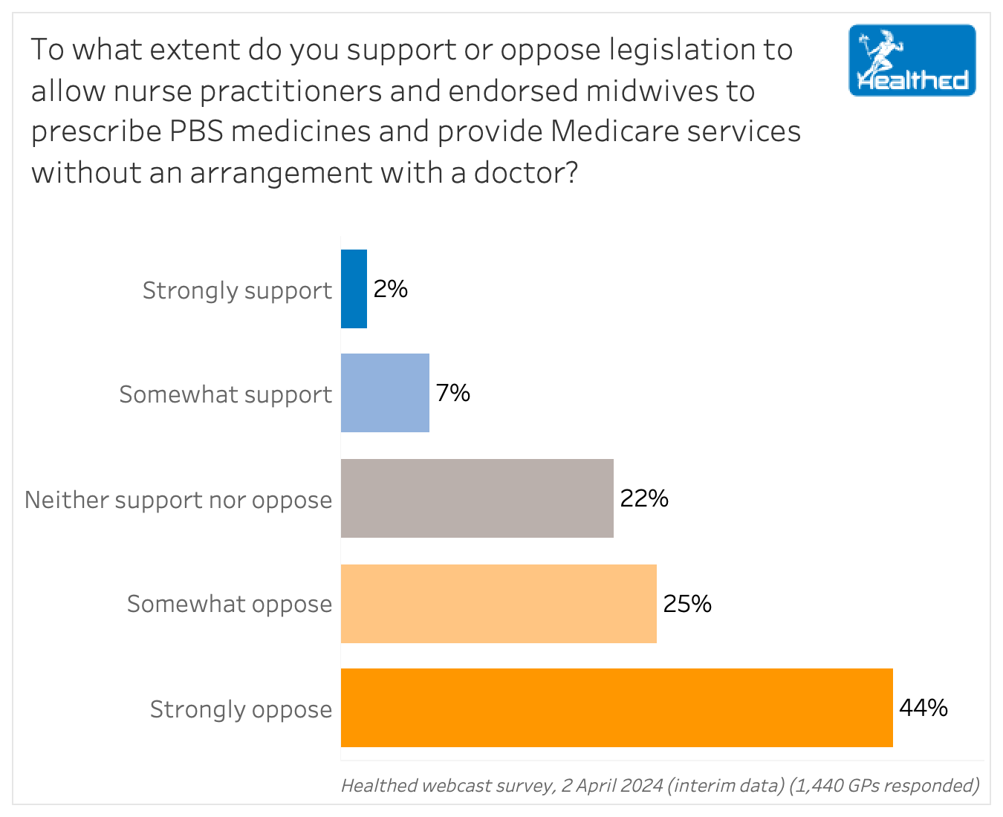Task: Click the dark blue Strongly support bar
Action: pyautogui.click(x=354, y=289)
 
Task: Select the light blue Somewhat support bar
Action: pyautogui.click(x=385, y=393)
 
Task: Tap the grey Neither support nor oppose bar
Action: pyautogui.click(x=477, y=498)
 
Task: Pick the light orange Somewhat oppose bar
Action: pyautogui.click(x=499, y=604)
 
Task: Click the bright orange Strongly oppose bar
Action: pyautogui.click(x=617, y=708)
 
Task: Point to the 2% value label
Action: pyautogui.click(x=391, y=289)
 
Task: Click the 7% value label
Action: pyautogui.click(x=453, y=393)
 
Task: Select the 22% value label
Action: pyautogui.click(x=644, y=498)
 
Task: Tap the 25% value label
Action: pyautogui.click(x=687, y=604)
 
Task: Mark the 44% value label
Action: pyautogui.click(x=924, y=708)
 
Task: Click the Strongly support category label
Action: pyautogui.click(x=237, y=290)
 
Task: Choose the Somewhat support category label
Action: pyautogui.click(x=225, y=394)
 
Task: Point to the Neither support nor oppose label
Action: pyautogui.click(x=178, y=500)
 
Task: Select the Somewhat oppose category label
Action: pyautogui.click(x=230, y=605)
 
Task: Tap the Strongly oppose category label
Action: pyautogui.click(x=241, y=710)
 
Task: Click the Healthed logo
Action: pyautogui.click(x=912, y=61)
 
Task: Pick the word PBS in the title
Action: pyautogui.click(x=195, y=131)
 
